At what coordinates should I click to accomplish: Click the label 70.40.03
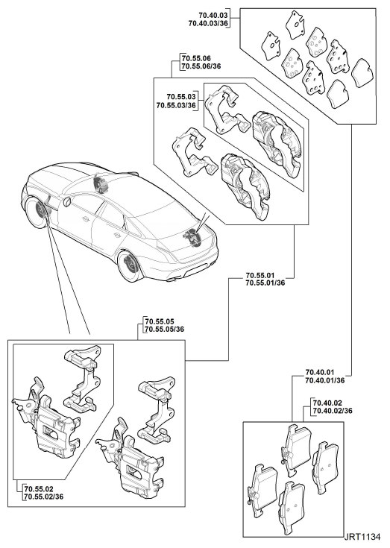(x=213, y=16)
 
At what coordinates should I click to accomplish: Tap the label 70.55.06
(x=196, y=58)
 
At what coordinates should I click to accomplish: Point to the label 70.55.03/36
(x=176, y=105)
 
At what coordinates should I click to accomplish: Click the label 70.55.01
(x=260, y=275)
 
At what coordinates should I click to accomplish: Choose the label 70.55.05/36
(x=165, y=330)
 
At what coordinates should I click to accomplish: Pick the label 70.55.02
(x=39, y=488)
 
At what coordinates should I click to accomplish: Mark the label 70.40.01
(x=320, y=372)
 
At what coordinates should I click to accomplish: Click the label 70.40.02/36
(x=333, y=411)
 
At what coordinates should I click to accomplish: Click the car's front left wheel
(x=38, y=212)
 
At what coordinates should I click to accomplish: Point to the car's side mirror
(x=67, y=202)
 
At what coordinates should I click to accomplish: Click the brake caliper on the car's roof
(x=100, y=184)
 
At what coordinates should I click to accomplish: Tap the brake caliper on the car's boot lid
(x=191, y=236)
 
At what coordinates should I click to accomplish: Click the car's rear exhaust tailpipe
(x=173, y=280)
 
